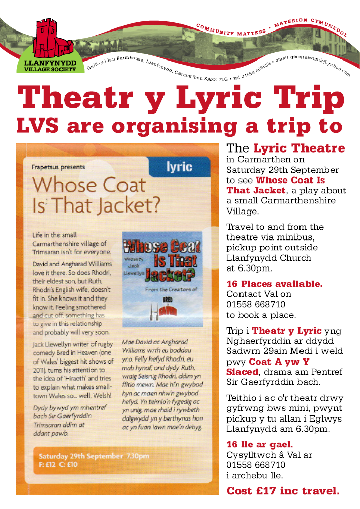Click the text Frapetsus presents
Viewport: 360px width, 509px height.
pyautogui.click(x=58, y=166)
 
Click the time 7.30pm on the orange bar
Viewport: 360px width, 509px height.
pyautogui.click(x=136, y=456)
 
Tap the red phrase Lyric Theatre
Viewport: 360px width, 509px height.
pyautogui.click(x=299, y=148)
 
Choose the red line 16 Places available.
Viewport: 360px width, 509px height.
pyautogui.click(x=275, y=283)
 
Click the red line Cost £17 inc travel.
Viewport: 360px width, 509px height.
pyautogui.click(x=283, y=491)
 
